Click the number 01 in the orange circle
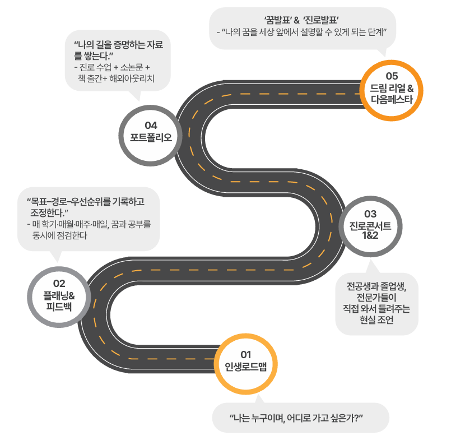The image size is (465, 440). point(246,354)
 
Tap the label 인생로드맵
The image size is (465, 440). point(246,367)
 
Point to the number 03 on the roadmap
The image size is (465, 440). point(370,214)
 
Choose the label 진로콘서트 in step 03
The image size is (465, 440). point(370,225)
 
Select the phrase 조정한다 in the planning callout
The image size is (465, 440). point(48,212)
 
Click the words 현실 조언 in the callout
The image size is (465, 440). point(377,321)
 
